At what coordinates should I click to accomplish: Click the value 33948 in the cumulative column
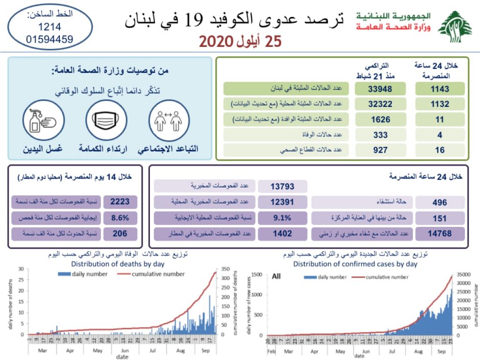pyautogui.click(x=380, y=89)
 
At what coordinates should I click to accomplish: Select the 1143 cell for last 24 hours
pyautogui.click(x=440, y=89)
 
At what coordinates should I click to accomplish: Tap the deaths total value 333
pyautogui.click(x=380, y=135)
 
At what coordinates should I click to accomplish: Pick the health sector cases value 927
pyautogui.click(x=380, y=150)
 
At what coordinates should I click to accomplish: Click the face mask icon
pyautogui.click(x=106, y=120)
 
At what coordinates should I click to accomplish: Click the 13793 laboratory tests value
pyautogui.click(x=282, y=187)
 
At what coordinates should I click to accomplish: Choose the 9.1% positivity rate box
pyautogui.click(x=282, y=218)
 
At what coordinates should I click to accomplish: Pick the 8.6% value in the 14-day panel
pyautogui.click(x=120, y=218)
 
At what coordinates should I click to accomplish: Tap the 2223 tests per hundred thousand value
pyautogui.click(x=120, y=202)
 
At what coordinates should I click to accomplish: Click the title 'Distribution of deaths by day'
pyautogui.click(x=118, y=263)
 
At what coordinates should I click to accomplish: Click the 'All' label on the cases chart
pyautogui.click(x=276, y=277)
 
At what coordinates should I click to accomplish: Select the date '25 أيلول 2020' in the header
pyautogui.click(x=240, y=41)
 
